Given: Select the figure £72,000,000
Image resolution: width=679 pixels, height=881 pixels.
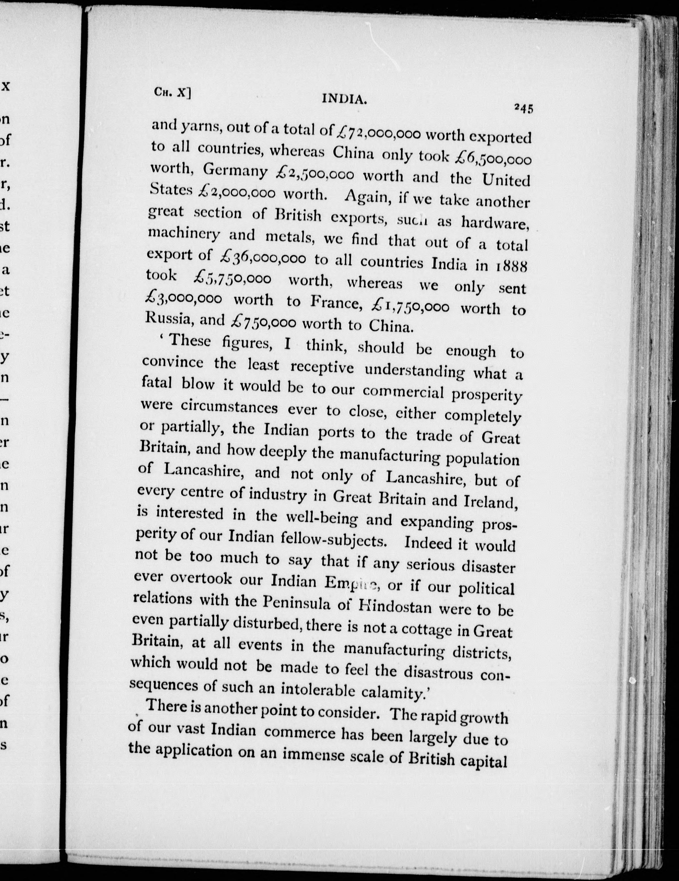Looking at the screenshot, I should pos(378,132).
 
